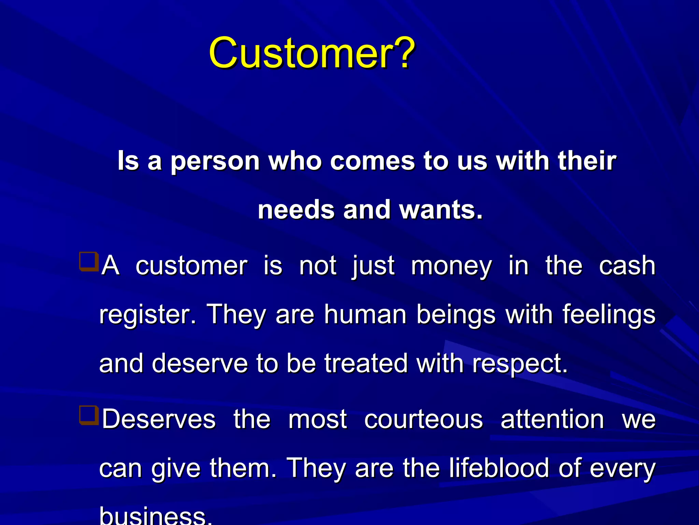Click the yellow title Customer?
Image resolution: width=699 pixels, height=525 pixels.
pyautogui.click(x=312, y=53)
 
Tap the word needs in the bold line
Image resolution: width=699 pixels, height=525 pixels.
pyautogui.click(x=296, y=210)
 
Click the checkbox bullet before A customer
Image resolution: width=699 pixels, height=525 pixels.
pyautogui.click(x=88, y=261)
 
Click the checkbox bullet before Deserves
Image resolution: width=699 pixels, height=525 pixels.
pyautogui.click(x=88, y=415)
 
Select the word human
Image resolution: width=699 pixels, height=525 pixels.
pyautogui.click(x=365, y=314)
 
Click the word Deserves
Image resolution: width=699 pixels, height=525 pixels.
pyautogui.click(x=159, y=419)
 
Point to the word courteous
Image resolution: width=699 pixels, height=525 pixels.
pyautogui.click(x=423, y=420)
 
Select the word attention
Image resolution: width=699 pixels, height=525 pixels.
pyautogui.click(x=552, y=419)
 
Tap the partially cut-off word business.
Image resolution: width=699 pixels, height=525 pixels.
pyautogui.click(x=155, y=516)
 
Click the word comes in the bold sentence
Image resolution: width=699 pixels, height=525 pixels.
pyautogui.click(x=372, y=161)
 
